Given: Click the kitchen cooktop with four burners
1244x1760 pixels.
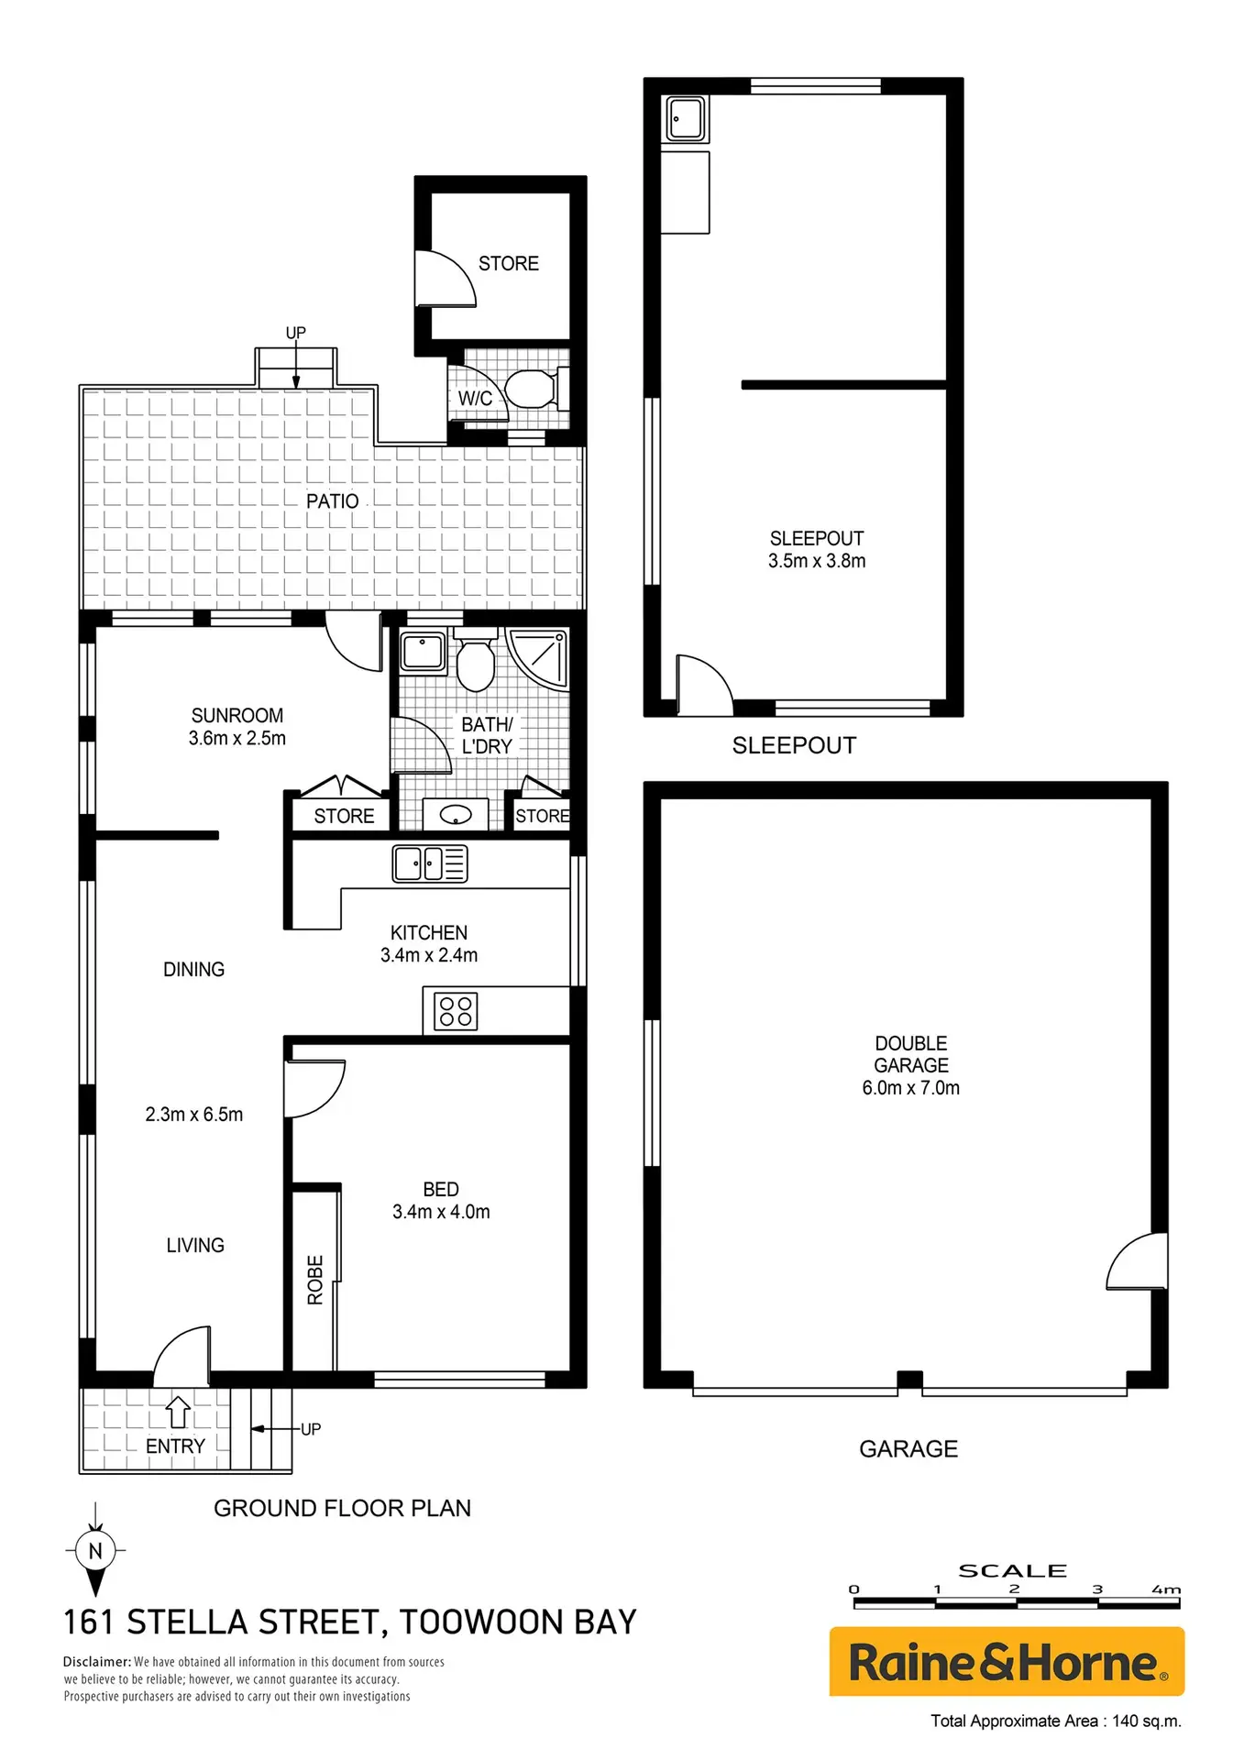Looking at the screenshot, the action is click(x=456, y=1011).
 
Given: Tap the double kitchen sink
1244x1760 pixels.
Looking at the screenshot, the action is click(x=430, y=863).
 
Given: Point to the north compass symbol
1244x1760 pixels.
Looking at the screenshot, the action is click(x=95, y=1550).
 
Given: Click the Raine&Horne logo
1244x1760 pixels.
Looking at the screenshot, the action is click(x=1007, y=1661).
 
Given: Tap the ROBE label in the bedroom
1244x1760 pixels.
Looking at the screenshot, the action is click(x=315, y=1280).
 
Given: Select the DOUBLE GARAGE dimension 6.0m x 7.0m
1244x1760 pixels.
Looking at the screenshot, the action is click(x=911, y=1088).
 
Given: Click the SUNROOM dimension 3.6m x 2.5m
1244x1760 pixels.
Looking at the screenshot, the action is click(x=237, y=738).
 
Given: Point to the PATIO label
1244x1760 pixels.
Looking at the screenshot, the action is click(x=333, y=501).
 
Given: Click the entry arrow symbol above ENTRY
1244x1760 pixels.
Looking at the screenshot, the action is click(x=178, y=1412).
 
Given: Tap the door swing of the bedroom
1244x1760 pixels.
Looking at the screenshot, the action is click(x=315, y=1090).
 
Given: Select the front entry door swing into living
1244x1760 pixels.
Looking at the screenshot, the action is click(x=182, y=1356).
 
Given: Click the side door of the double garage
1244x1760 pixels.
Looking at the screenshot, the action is click(x=1138, y=1261).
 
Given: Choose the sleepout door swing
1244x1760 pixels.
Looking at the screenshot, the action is click(x=704, y=685).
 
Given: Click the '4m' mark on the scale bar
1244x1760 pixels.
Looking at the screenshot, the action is click(x=1166, y=1589).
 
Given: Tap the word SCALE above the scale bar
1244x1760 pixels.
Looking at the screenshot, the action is click(x=1012, y=1571).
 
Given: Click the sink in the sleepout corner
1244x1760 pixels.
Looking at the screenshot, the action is click(x=685, y=119).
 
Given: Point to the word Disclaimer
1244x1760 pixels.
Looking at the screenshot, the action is click(x=97, y=1661).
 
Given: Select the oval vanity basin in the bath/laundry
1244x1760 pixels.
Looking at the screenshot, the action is click(x=456, y=814).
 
